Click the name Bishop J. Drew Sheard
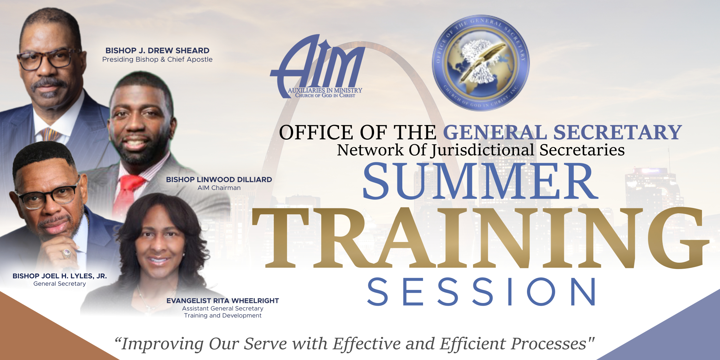coord(157,51)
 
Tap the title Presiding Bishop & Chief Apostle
coord(157,59)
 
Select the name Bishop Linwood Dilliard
coord(219,180)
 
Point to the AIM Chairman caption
coord(219,188)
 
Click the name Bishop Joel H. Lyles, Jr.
coord(60,276)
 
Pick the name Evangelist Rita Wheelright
coord(223,301)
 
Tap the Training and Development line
coord(223,315)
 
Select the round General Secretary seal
coord(481,63)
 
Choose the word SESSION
coord(481,292)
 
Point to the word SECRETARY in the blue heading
coord(618,132)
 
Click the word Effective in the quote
coord(367,344)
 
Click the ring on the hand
coord(66,254)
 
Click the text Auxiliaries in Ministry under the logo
coord(325,90)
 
